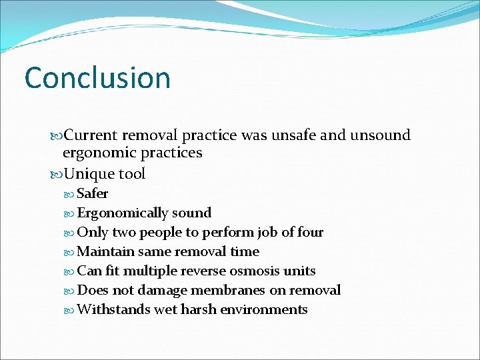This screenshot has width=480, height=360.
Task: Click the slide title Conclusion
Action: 97,78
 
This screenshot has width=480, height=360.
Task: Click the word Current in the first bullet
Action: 91,135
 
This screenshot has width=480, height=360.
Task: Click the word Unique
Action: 88,174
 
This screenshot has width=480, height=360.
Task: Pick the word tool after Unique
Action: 131,174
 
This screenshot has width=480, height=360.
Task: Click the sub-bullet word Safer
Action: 93,194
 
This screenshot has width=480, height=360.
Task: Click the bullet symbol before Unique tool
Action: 56,175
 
